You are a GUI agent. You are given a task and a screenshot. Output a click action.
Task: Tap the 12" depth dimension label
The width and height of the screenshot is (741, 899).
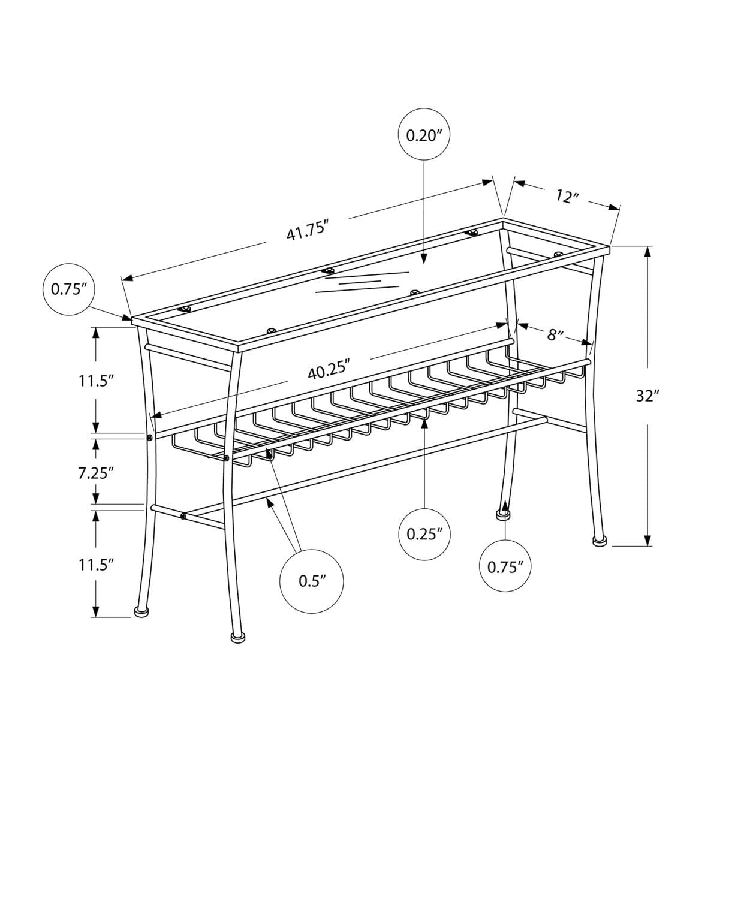(567, 196)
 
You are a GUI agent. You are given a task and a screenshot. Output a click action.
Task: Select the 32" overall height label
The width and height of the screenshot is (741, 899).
(647, 396)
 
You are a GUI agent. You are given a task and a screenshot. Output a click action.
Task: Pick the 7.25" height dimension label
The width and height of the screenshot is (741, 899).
(95, 473)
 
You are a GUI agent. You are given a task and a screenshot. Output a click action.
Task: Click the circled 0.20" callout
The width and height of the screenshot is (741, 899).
(424, 135)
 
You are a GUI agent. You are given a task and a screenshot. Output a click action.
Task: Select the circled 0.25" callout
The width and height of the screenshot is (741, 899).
(424, 534)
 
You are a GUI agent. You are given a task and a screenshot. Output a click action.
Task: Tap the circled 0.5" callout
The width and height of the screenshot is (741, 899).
(312, 580)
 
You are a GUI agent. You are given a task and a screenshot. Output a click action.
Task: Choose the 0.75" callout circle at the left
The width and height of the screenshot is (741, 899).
(69, 289)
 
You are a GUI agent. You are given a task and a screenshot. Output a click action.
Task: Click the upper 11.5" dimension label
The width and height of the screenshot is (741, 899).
(95, 380)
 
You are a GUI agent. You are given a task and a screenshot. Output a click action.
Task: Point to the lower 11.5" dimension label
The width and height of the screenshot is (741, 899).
(95, 564)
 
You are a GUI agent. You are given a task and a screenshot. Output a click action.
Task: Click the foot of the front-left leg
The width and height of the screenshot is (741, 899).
(141, 611)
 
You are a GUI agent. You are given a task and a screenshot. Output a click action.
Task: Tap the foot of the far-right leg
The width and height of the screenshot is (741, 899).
(599, 541)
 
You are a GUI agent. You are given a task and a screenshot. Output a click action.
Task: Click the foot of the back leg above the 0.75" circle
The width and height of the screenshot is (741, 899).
(502, 514)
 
